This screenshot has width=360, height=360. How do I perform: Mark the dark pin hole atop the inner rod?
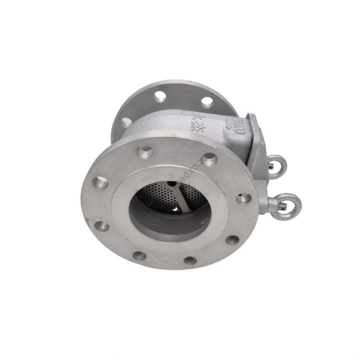point(172,183)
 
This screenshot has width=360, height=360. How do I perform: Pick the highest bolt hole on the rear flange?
point(160,96)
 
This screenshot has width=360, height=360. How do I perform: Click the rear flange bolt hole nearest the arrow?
point(207,102)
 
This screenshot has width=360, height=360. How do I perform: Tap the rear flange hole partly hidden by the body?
point(126,122)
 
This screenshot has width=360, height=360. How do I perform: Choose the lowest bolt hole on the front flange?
point(191,261)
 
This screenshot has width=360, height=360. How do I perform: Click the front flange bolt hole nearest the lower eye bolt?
point(243,198)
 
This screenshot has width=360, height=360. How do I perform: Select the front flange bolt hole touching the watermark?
point(209,159)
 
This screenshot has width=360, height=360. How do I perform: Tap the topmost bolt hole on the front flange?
point(145,152)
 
